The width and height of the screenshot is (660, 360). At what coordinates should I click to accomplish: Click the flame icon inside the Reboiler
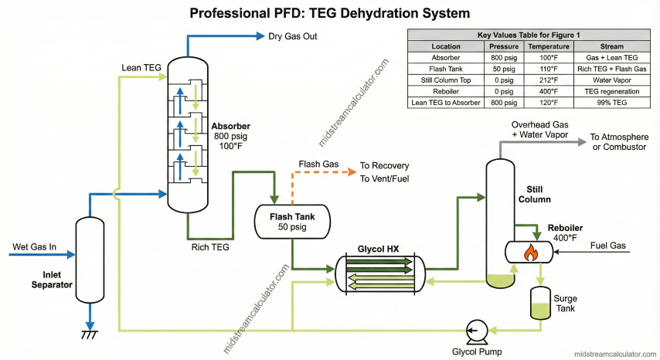[x=529, y=251]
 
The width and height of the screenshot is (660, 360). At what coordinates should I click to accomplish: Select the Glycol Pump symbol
[x=475, y=332]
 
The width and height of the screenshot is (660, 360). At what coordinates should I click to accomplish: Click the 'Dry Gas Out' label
[x=292, y=36]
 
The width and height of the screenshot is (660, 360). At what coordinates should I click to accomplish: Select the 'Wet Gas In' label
[x=34, y=247]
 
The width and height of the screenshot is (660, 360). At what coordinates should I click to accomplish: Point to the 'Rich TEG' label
[x=209, y=247]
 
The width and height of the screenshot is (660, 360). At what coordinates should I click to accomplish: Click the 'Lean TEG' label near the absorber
[x=141, y=68]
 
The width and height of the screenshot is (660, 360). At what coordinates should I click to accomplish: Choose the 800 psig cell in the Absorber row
[x=504, y=57]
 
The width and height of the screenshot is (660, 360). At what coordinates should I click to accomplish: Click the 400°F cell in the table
[x=548, y=90]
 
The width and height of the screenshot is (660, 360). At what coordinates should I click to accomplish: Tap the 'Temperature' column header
[x=548, y=46]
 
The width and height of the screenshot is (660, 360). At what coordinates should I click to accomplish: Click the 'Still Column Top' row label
[x=446, y=79]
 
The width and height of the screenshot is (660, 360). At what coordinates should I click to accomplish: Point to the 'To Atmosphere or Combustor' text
[x=618, y=141]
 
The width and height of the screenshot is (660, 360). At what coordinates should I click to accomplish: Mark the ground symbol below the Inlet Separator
[x=90, y=335]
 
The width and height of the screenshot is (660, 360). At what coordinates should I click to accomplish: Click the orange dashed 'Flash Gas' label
[x=318, y=164]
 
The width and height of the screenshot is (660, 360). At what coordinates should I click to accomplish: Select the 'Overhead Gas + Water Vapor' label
[x=539, y=129]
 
